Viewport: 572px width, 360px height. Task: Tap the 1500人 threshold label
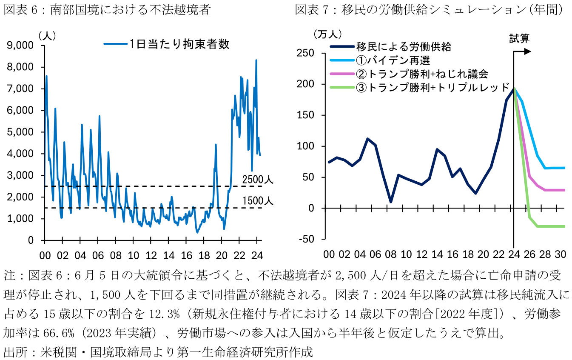(x=257, y=201)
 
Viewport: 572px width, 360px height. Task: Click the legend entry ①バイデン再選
(x=393, y=60)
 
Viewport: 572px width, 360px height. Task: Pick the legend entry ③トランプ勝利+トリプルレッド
(x=433, y=88)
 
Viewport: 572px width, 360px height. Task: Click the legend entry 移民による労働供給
(x=404, y=46)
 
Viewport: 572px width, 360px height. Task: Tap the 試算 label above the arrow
(x=519, y=38)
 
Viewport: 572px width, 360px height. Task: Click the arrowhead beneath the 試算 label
(x=528, y=51)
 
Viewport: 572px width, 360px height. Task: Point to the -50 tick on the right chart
(x=307, y=239)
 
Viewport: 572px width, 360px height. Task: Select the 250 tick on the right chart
(x=307, y=53)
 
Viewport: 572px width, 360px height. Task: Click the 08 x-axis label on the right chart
(x=391, y=254)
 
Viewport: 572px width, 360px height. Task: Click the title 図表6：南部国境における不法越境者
(x=107, y=10)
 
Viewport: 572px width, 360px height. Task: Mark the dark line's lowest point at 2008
(x=391, y=202)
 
